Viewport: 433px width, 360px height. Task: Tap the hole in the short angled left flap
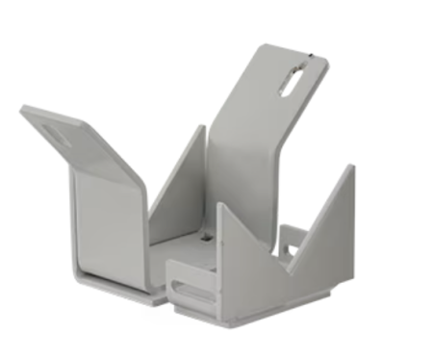[x=57, y=136]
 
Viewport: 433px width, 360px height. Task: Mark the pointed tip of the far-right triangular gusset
[x=351, y=167]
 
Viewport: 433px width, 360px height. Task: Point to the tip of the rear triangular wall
[x=203, y=127]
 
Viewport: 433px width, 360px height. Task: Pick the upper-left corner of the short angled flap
[x=22, y=109]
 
